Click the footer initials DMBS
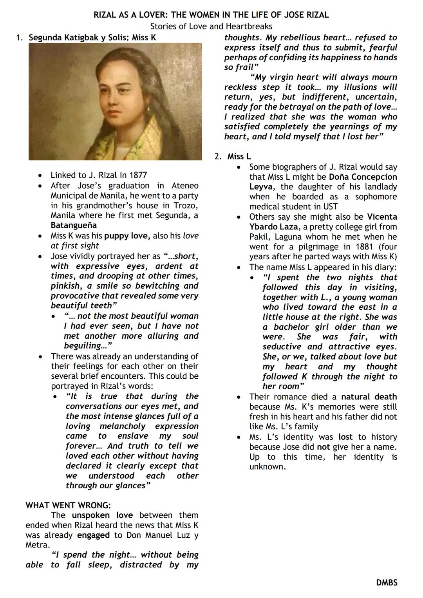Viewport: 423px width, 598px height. pos(387,583)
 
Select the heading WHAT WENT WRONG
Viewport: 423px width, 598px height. pos(68,505)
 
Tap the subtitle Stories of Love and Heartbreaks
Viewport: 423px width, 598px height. pos(211,26)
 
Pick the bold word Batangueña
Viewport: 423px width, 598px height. pos(74,225)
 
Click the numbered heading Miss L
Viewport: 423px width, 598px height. pos(239,157)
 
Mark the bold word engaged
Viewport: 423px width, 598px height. pos(93,535)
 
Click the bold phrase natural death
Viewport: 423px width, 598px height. pos(369,397)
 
